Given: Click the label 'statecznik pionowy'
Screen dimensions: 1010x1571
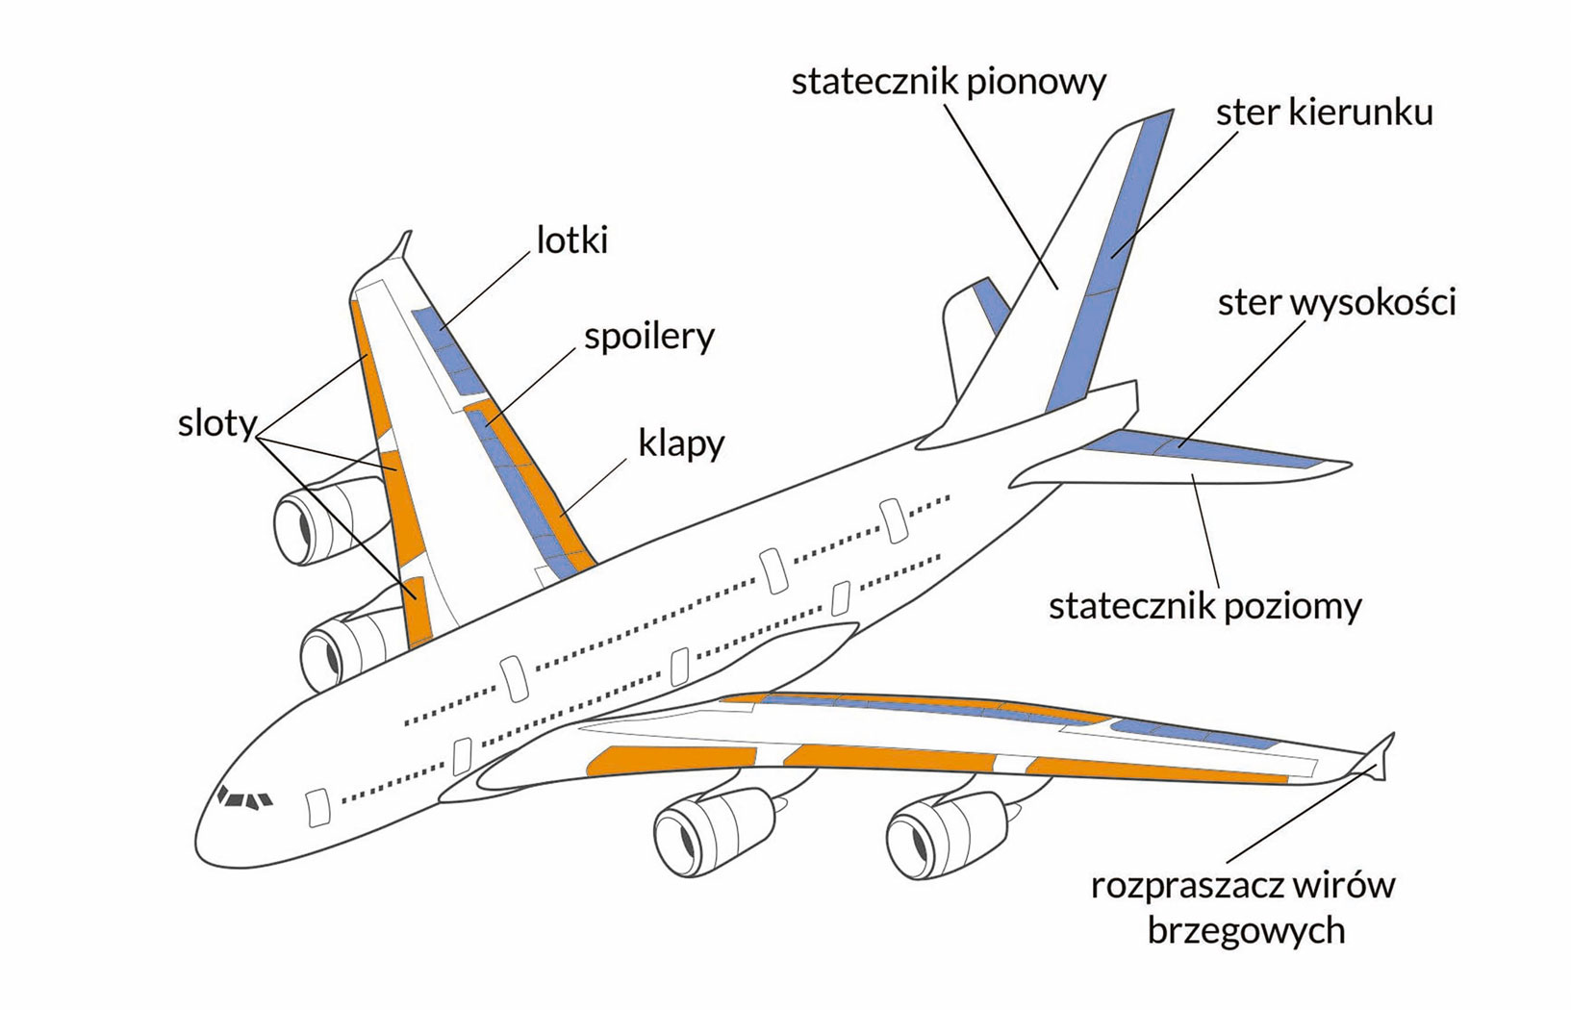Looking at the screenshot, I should (948, 82).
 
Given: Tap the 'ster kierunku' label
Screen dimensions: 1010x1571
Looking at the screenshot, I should (1324, 113).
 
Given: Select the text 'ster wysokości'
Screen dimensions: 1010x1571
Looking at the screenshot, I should (1336, 302).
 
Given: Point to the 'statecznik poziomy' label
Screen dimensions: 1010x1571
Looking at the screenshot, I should (1204, 606).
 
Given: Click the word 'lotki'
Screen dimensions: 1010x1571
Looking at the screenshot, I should (572, 240).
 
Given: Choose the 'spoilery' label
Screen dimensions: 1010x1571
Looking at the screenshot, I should (649, 337).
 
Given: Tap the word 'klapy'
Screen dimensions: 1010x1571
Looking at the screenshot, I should (680, 444).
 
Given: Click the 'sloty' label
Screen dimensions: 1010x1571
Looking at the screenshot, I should (216, 423).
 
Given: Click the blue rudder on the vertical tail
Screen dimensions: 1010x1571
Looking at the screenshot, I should (1106, 269).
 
